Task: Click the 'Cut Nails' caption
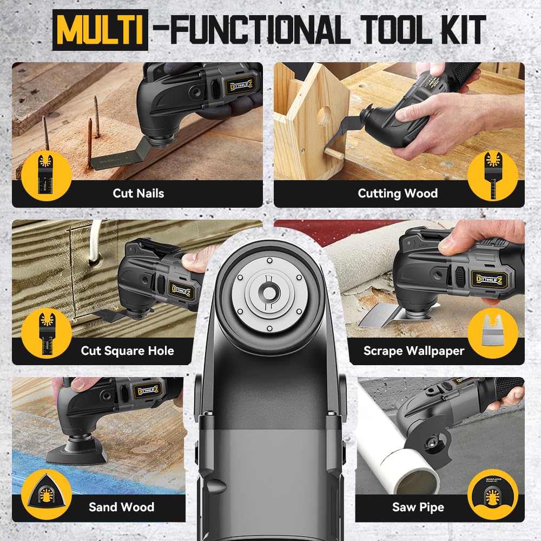(x=138, y=193)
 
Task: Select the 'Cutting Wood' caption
(x=398, y=193)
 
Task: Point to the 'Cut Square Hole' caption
(x=128, y=351)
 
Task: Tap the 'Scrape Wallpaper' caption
(x=414, y=351)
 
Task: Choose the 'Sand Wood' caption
(x=122, y=507)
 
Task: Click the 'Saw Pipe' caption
(x=418, y=507)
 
